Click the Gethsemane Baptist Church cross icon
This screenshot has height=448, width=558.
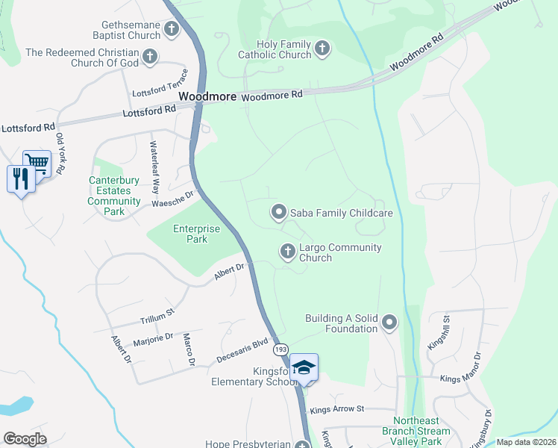[172, 30]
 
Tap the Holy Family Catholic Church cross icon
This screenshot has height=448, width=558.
[322, 49]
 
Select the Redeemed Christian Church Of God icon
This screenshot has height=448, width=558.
[150, 56]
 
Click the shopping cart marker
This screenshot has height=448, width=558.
[36, 162]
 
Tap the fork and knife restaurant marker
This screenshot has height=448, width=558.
[21, 179]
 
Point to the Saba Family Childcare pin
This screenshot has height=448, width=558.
[278, 213]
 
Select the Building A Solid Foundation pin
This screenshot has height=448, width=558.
[389, 323]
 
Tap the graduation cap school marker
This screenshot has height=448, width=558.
[304, 367]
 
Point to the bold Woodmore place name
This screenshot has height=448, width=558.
[207, 97]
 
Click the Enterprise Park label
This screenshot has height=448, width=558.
[190, 234]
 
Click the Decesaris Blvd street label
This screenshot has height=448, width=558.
[241, 353]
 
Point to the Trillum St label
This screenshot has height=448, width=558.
[157, 315]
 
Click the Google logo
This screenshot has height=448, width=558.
[25, 439]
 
